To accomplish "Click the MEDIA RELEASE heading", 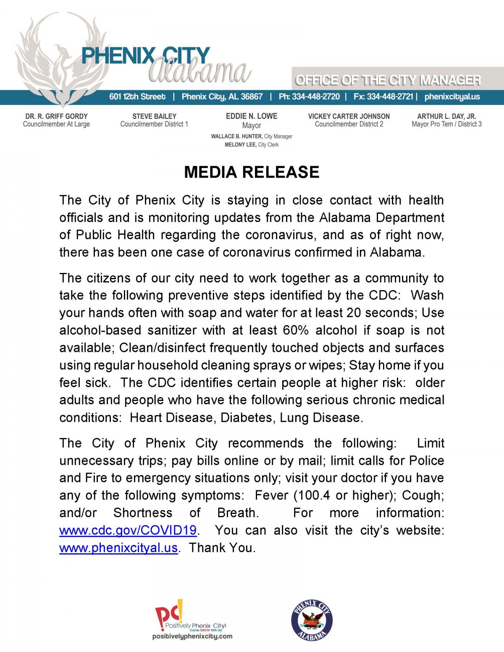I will point(252,172).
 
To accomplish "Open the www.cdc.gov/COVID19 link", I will point(128,530).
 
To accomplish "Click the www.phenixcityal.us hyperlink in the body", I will point(118,548).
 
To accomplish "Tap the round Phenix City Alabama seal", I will point(312,621).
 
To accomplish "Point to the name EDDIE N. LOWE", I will point(252,116).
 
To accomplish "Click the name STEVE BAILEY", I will point(154,116).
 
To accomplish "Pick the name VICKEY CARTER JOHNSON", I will point(349,116).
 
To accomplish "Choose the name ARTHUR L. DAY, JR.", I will point(446,116).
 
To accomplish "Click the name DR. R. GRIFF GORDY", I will point(56,116).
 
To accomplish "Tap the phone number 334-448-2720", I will point(316,97).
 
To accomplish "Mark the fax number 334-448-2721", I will point(390,97).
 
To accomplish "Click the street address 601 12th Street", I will point(137,97).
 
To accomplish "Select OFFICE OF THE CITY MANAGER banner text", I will point(388,80).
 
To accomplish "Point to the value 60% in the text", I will point(296,330).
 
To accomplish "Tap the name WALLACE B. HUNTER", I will point(236,136).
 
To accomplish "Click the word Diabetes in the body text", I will point(246,418).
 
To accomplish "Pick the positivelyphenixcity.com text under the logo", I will point(192,636).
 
